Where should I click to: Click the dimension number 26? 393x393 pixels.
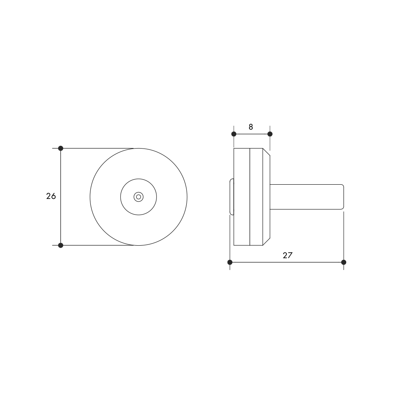(x=51, y=196)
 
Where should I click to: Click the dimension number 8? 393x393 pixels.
(x=251, y=127)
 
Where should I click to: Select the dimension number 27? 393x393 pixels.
(x=288, y=255)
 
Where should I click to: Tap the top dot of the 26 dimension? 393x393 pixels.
(x=61, y=149)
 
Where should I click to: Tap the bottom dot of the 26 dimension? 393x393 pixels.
(x=61, y=245)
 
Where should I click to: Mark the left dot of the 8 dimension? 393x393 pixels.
(x=234, y=134)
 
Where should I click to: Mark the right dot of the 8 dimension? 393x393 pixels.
(x=270, y=134)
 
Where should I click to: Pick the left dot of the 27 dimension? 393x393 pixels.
(x=230, y=263)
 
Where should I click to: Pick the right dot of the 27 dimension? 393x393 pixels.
(x=343, y=263)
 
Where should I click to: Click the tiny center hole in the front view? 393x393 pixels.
(x=139, y=197)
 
